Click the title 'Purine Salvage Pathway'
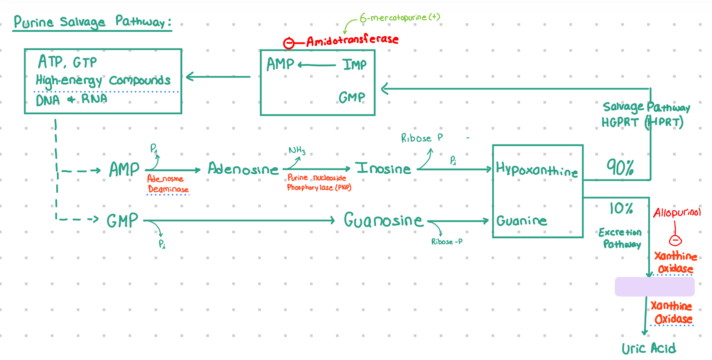point(93,22)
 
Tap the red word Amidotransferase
point(352,40)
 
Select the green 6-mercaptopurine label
point(400,18)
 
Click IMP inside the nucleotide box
point(354,64)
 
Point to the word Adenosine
point(243,169)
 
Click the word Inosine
point(383,168)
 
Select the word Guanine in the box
point(522,221)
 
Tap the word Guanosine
point(383,220)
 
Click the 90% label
point(620,167)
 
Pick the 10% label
point(621,208)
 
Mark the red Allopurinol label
point(677,213)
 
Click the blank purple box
point(655,287)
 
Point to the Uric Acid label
point(649,348)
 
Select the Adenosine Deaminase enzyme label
point(168,184)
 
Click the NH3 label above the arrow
point(297,150)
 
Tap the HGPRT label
point(619,122)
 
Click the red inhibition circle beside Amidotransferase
point(289,43)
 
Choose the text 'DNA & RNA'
point(71,99)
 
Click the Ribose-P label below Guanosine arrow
point(447,242)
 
